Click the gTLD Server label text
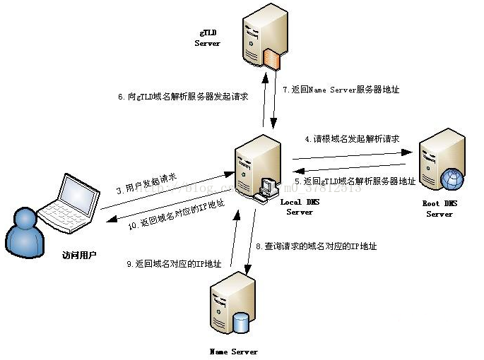207,38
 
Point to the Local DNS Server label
300,207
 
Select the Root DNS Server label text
439,209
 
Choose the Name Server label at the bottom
234,351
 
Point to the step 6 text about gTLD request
183,96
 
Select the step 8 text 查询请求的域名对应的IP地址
316,246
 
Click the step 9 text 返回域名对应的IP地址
174,264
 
